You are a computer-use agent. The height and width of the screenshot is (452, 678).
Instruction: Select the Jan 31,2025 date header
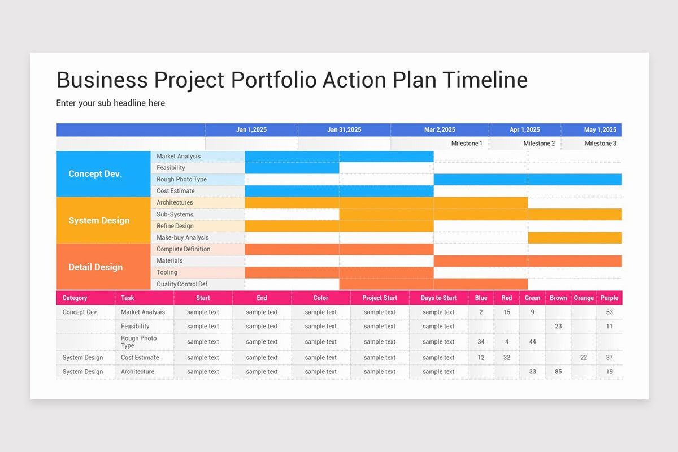pyautogui.click(x=344, y=129)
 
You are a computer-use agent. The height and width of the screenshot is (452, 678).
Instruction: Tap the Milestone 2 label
pyautogui.click(x=539, y=144)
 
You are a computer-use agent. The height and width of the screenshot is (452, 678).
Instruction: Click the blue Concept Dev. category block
pyautogui.click(x=95, y=174)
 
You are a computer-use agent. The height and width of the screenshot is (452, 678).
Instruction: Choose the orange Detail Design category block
pyautogui.click(x=95, y=267)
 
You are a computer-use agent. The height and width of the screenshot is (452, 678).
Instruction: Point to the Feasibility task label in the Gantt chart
pyautogui.click(x=171, y=168)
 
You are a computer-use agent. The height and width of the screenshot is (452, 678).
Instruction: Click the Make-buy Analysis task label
pyautogui.click(x=182, y=237)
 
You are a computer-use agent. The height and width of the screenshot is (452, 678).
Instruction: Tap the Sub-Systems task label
pyautogui.click(x=175, y=214)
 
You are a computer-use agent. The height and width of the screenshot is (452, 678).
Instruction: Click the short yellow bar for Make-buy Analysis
pyautogui.click(x=575, y=237)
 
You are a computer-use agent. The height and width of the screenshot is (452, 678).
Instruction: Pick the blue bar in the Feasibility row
pyautogui.click(x=292, y=168)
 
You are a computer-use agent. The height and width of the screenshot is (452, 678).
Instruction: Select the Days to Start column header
pyautogui.click(x=438, y=298)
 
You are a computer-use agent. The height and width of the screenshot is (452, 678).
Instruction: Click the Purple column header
pyautogui.click(x=609, y=298)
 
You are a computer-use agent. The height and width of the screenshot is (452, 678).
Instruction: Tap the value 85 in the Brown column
pyautogui.click(x=558, y=372)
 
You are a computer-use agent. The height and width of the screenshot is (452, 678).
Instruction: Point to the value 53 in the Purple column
pyautogui.click(x=609, y=312)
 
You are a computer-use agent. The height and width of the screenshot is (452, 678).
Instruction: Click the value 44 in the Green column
pyautogui.click(x=532, y=342)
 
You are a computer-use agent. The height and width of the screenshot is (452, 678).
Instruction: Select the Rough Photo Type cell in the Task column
pyautogui.click(x=138, y=342)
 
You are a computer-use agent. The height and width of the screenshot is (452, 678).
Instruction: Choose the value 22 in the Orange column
pyautogui.click(x=584, y=358)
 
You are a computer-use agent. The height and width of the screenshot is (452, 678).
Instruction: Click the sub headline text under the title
pyautogui.click(x=111, y=103)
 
